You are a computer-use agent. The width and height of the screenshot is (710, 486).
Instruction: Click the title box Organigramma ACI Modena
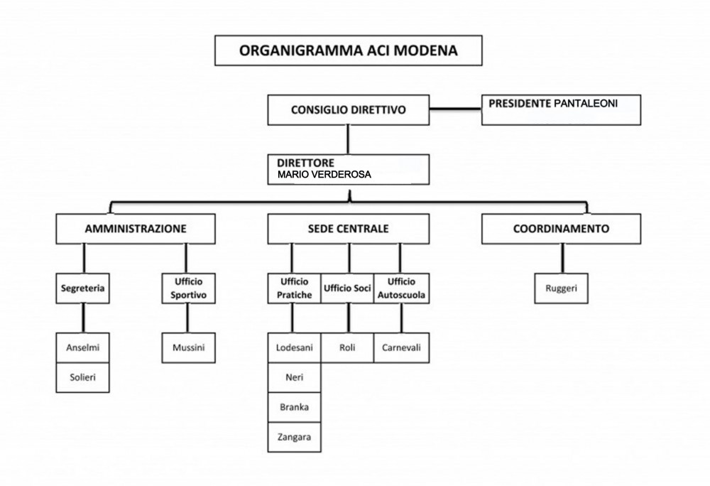(x=348, y=50)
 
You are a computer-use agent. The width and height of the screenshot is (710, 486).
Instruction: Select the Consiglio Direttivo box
(x=348, y=110)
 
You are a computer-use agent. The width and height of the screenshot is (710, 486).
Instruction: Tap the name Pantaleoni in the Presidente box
(x=586, y=104)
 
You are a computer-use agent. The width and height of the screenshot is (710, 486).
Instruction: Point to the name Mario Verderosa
(x=324, y=174)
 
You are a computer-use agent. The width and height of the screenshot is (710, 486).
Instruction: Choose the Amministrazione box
(x=136, y=229)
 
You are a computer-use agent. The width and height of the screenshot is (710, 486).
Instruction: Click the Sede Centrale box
(x=348, y=229)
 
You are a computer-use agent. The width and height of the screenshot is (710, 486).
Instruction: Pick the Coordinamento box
(x=561, y=229)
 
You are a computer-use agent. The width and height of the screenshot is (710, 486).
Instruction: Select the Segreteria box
(x=82, y=288)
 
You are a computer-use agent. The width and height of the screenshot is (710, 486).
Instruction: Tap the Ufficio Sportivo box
(x=188, y=288)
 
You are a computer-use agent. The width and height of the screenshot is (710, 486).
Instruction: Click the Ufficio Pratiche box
(x=295, y=288)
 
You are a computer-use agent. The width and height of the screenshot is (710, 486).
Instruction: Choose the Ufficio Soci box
(x=347, y=288)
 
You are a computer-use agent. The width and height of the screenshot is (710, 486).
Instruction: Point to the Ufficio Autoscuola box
(x=401, y=288)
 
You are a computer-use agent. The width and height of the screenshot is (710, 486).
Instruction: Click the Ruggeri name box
(x=561, y=288)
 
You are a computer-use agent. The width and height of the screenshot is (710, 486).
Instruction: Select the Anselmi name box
(x=82, y=348)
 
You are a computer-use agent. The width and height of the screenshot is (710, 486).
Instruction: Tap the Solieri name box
(x=82, y=377)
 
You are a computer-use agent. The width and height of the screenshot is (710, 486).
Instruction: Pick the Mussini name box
(x=188, y=348)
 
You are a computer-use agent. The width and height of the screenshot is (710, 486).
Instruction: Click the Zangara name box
(x=295, y=437)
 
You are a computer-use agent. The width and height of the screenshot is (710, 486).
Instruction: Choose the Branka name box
(x=295, y=407)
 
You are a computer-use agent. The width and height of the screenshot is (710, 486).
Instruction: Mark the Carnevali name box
(x=401, y=348)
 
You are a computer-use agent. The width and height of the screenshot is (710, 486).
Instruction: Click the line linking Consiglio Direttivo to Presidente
(x=455, y=109)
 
